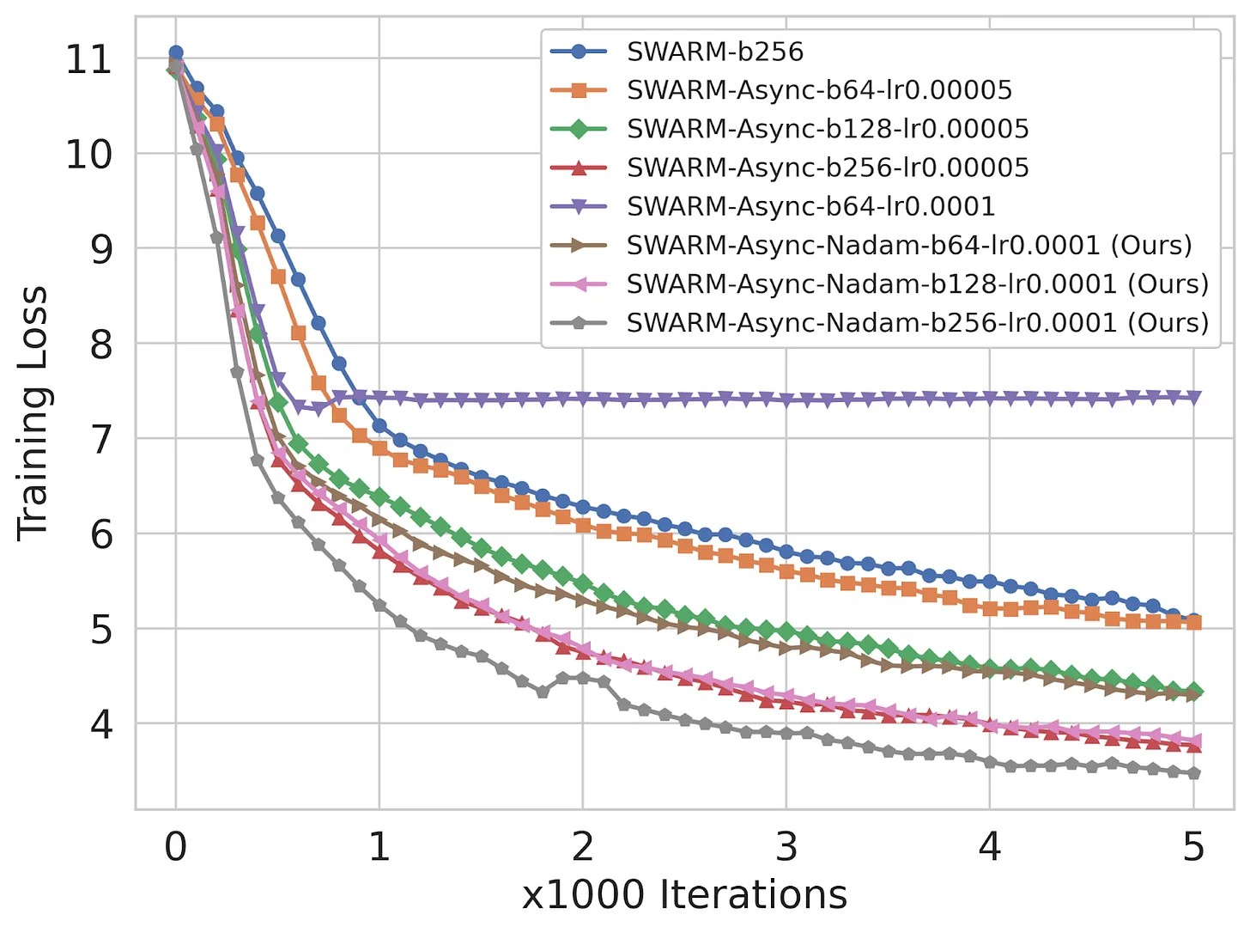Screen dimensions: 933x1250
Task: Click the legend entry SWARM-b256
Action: coord(714,52)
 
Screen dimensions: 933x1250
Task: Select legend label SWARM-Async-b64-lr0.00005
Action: coord(819,90)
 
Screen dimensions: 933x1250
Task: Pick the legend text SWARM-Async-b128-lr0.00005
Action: coord(828,129)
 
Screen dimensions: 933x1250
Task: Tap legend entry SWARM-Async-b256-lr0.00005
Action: coord(828,168)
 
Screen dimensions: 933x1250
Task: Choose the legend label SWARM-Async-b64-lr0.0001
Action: coord(810,206)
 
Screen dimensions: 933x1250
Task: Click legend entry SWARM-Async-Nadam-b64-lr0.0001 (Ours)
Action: coord(909,246)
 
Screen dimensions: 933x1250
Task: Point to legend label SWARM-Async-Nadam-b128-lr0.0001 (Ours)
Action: coord(917,284)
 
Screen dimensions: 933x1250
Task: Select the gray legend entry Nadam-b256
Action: coord(917,323)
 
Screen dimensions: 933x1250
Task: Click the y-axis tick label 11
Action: coord(88,60)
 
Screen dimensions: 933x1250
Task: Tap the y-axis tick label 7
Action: coord(100,440)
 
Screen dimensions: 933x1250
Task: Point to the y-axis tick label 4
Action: coord(100,724)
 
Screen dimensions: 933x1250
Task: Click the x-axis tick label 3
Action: coord(786,848)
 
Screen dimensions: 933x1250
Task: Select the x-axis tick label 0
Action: coord(176,848)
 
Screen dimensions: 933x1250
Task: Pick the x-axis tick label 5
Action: coord(1193,848)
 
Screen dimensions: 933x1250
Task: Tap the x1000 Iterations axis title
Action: coord(684,895)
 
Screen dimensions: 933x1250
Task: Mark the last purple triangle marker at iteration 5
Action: coord(1193,397)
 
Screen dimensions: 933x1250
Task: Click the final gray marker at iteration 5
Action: coord(1193,774)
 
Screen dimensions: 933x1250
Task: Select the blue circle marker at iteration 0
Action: coord(176,53)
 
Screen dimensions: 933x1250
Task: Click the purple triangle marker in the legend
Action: coord(579,206)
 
